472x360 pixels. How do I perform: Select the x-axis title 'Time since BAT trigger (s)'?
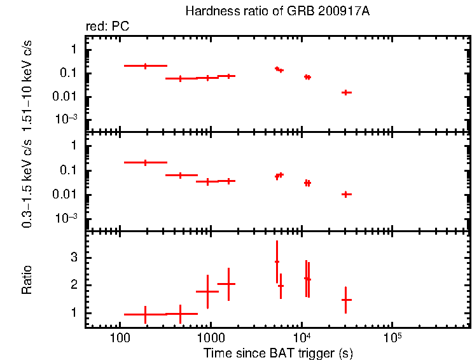[x=278, y=352]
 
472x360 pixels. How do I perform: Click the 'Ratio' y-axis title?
[x=27, y=280]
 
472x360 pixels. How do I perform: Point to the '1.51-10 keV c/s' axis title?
[x=27, y=85]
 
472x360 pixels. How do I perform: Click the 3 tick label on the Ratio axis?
[x=74, y=258]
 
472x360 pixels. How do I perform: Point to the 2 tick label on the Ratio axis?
[x=74, y=286]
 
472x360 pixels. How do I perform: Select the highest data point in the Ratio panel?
[x=277, y=261]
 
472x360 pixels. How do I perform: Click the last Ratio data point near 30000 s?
[x=346, y=299]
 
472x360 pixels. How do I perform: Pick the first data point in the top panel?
[x=145, y=66]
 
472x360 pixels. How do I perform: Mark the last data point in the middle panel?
[x=346, y=194]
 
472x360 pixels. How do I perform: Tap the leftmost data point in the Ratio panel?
[x=145, y=314]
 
